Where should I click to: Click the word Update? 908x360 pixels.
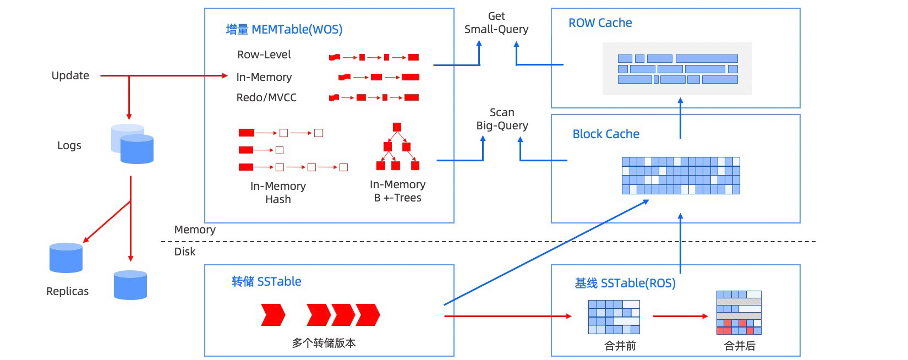tap(70, 75)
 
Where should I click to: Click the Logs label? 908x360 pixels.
tap(69, 145)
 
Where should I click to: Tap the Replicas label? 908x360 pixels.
tap(67, 291)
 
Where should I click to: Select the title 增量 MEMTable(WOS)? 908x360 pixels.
tap(284, 29)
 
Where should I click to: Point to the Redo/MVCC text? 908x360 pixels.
tap(266, 97)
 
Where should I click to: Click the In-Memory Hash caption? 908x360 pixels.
tap(278, 193)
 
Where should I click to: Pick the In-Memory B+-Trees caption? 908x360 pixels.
tap(397, 191)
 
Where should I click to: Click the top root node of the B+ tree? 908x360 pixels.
tap(397, 127)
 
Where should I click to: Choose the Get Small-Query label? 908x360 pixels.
tap(496, 23)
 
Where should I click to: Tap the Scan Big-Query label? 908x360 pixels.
tap(502, 119)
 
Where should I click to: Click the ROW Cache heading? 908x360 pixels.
tap(600, 23)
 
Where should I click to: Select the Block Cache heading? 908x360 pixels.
tap(606, 134)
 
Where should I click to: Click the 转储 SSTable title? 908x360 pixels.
tap(266, 282)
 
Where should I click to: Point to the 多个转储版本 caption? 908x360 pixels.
tap(324, 343)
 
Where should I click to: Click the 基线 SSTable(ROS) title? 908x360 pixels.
tap(625, 283)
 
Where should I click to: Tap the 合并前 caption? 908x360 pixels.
tap(620, 346)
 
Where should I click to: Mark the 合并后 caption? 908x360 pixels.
tap(739, 346)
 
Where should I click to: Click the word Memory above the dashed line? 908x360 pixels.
tap(195, 230)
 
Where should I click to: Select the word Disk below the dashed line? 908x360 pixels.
tap(185, 252)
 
